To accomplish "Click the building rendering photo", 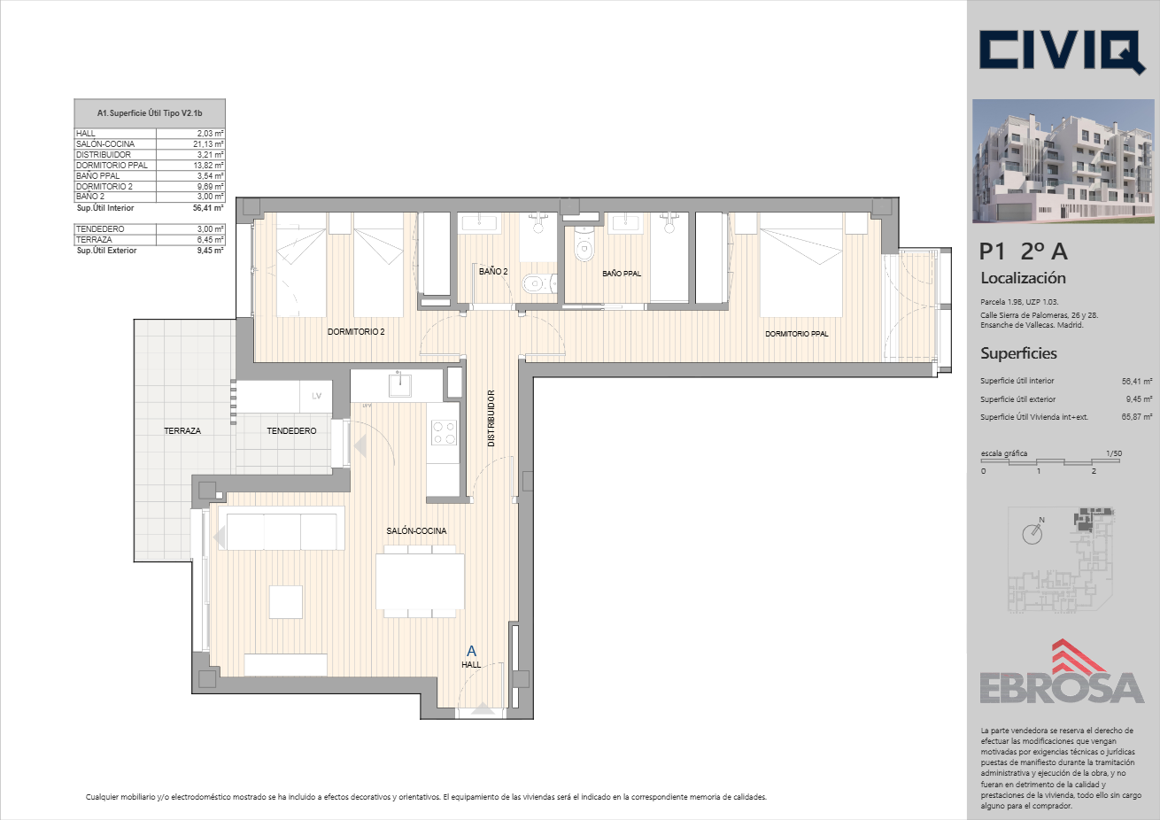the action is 1063,161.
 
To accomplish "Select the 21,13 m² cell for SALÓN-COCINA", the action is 190,144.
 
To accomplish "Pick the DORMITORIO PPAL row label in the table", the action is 112,166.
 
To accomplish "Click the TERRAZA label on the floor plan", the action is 182,430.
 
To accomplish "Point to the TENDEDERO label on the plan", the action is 291,430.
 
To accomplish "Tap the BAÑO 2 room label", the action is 493,271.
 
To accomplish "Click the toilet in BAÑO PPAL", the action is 584,244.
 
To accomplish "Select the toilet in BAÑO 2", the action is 539,282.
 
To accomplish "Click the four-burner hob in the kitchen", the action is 445,433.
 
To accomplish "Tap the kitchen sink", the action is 399,384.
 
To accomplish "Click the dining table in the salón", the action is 420,581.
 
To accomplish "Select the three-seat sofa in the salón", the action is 282,528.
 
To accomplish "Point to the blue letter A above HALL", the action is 471,651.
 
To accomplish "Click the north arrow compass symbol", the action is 1032,532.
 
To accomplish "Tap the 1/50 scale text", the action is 1114,453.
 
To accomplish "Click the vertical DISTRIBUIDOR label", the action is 491,418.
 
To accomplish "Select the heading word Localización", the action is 1023,278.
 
